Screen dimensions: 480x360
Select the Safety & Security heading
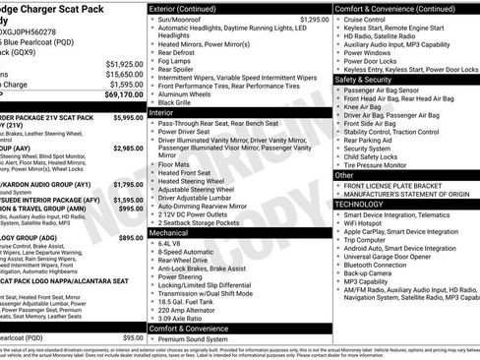(368, 79)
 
